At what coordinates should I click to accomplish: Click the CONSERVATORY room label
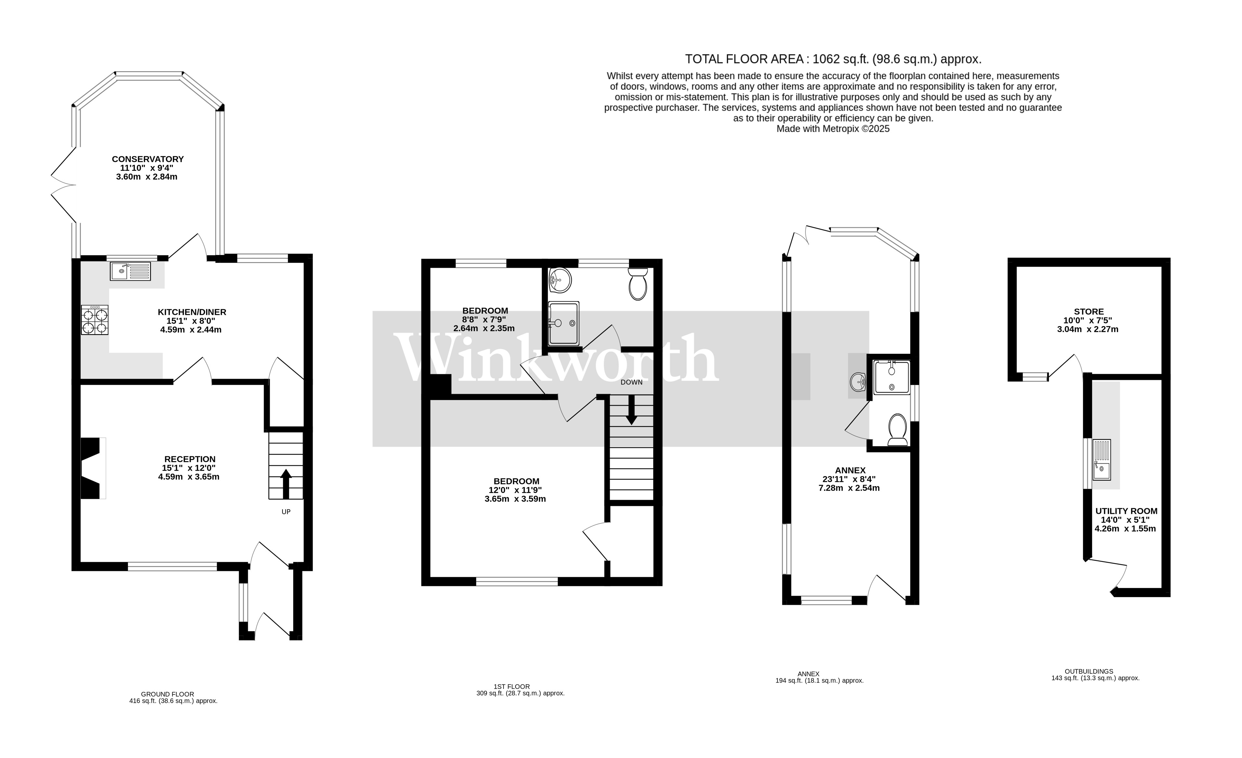coord(148,159)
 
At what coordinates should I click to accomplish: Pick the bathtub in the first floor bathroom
coord(564,323)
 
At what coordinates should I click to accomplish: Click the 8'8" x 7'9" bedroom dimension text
coord(484,320)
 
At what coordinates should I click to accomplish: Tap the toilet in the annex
coord(897,430)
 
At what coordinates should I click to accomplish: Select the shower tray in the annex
coord(892,377)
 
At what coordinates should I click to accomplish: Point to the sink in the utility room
coord(1101,460)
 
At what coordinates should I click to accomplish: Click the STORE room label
coord(1089,312)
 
